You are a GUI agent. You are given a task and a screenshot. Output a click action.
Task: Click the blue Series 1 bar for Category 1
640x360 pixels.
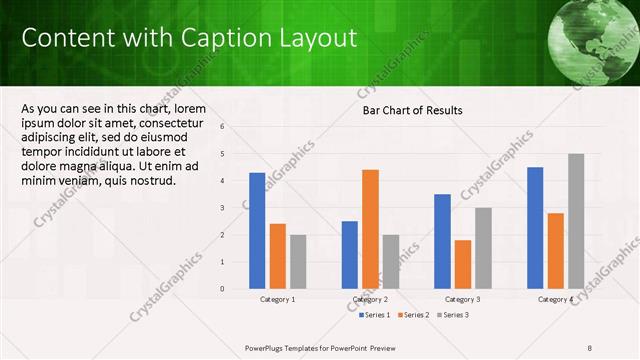(x=257, y=230)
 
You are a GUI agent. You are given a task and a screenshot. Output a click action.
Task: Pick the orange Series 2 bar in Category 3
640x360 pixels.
(x=462, y=264)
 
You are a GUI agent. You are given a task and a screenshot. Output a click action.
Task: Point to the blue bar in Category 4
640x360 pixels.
(x=535, y=227)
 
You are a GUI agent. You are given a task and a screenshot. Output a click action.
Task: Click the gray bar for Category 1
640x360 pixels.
(x=298, y=261)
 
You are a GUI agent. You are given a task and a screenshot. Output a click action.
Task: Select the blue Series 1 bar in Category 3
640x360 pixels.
(x=442, y=241)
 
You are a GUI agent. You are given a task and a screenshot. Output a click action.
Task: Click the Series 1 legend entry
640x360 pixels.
(x=375, y=315)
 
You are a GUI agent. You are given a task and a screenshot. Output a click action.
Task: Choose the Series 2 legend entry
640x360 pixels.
(x=414, y=315)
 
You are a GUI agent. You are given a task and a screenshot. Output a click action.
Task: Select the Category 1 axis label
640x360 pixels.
(x=278, y=299)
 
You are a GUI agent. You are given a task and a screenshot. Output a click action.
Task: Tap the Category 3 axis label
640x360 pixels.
(x=462, y=299)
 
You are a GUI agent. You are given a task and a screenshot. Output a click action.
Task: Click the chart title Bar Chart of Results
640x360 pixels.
(x=412, y=110)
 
